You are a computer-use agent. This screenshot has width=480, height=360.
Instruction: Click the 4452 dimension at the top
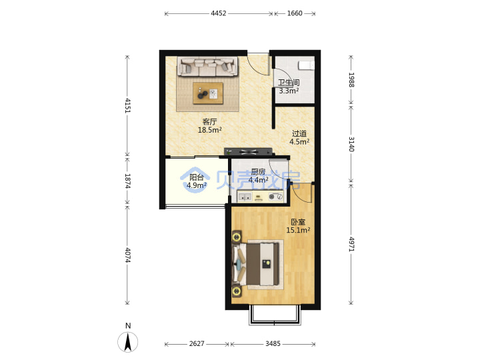point(218,13)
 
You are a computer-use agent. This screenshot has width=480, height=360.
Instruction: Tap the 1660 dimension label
point(295,13)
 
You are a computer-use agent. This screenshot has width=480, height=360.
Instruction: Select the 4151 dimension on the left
point(127,105)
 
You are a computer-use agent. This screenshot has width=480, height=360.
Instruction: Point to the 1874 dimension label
point(127,181)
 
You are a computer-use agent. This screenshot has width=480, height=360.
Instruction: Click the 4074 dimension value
point(127,255)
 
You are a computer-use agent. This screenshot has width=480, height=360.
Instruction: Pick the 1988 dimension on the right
point(351,80)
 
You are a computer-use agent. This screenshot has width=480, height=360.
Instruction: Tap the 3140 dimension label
point(351,144)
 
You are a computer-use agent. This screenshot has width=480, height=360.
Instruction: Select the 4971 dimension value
point(351,244)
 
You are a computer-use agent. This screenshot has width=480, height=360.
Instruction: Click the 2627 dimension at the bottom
point(197,344)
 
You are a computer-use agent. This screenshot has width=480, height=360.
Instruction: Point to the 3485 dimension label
point(273,344)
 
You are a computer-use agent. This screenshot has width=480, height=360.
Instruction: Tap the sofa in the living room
point(208,67)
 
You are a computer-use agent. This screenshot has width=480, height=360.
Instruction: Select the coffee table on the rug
point(208,93)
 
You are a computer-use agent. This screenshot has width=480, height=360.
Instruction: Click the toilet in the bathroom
point(307,65)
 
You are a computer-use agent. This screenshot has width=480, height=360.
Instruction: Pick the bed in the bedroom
point(257,264)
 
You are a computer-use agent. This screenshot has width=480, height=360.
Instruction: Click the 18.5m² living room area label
point(210,130)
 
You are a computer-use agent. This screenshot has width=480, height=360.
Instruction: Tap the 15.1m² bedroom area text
point(298,230)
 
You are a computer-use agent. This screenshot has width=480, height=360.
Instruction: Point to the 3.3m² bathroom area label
point(289,91)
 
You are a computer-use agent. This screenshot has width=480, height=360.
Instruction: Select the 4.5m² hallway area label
point(299,142)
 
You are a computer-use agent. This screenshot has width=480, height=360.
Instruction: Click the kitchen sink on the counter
point(245,197)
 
